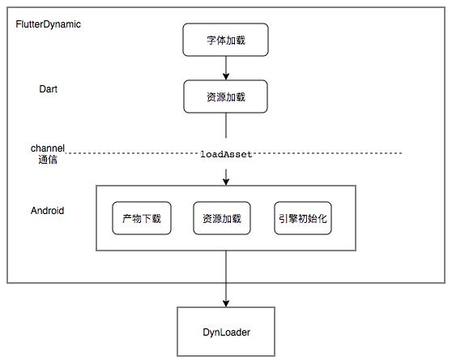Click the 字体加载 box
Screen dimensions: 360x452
(226, 39)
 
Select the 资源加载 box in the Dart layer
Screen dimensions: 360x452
(226, 97)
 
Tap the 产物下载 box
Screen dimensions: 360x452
(142, 218)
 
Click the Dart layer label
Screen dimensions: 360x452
(49, 88)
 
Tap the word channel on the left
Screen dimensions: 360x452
(47, 148)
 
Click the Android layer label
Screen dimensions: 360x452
(48, 211)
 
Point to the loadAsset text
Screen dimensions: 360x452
(226, 153)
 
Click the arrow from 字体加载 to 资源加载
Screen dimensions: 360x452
(226, 68)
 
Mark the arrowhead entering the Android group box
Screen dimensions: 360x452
(226, 182)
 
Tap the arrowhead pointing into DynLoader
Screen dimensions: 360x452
(226, 302)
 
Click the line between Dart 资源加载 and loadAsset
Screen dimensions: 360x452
(226, 130)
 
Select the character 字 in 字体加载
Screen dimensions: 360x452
(211, 39)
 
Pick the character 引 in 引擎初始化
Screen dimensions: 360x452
(284, 218)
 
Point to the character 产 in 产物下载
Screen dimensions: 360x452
(127, 218)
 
